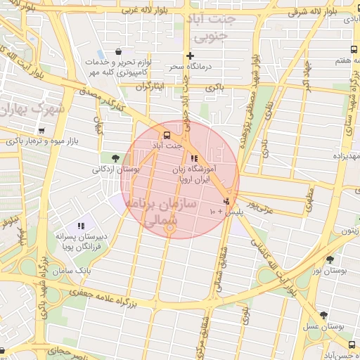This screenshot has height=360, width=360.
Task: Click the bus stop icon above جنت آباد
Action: [x=167, y=135]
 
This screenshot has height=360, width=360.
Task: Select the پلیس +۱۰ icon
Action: [x=226, y=202]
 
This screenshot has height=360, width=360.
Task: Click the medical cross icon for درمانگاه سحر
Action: [x=190, y=56]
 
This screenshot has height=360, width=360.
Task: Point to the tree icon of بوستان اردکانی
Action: [x=115, y=157]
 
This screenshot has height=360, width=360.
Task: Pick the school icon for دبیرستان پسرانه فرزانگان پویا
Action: [x=81, y=226]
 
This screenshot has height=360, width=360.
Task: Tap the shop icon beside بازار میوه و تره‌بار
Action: [x=41, y=130]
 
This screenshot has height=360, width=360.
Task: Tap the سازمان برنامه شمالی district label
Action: [x=153, y=211]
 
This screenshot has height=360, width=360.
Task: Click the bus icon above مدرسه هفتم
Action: [x=352, y=49]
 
